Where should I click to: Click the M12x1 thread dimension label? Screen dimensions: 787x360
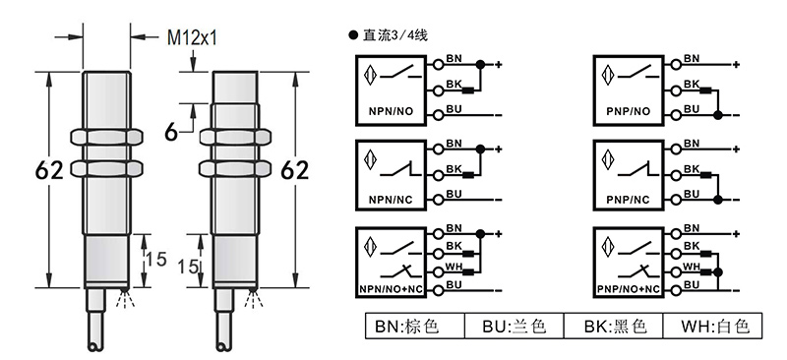[x=192, y=37]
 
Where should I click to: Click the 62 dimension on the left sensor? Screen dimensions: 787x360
[x=49, y=171]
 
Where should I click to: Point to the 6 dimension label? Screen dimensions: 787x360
[x=171, y=133]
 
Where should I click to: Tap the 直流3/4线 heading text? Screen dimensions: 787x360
[x=394, y=35]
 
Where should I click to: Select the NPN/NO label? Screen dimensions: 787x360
[x=391, y=111]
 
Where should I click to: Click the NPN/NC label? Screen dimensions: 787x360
[x=391, y=200]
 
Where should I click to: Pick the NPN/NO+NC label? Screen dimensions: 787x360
[x=391, y=289]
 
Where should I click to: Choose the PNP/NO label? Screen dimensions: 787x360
[x=628, y=111]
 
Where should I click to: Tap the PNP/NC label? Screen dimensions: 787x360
[x=628, y=200]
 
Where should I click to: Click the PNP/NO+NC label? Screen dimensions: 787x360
[x=629, y=289]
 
